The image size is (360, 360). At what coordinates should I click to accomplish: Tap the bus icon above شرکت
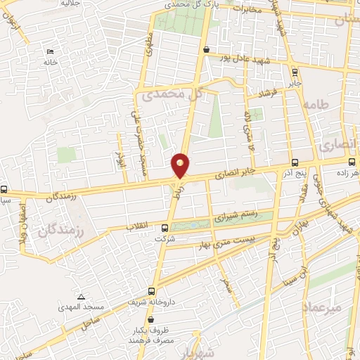[x=165, y=228]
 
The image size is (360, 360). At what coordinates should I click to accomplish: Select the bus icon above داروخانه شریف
[x=152, y=291]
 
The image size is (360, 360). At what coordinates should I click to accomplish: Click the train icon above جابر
[x=295, y=71]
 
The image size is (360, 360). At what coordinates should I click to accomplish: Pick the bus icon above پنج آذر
[x=294, y=162]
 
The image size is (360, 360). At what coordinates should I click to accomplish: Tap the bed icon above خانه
[x=49, y=53]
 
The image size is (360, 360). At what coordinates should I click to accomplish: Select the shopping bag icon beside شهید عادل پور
[x=205, y=50]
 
